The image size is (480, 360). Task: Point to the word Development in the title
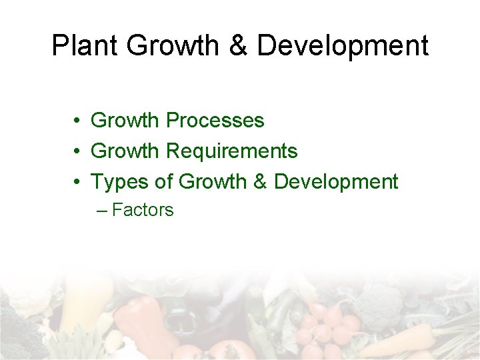[343, 46]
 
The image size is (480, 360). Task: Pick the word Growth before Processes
[125, 121]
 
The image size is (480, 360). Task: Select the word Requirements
[231, 151]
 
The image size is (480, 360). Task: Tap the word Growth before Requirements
[125, 151]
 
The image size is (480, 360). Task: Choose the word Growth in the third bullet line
[213, 182]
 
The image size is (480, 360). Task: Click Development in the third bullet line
[336, 182]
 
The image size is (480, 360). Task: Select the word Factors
[143, 210]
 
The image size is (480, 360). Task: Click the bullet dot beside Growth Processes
[78, 121]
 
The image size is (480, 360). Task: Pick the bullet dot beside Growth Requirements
[78, 152]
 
